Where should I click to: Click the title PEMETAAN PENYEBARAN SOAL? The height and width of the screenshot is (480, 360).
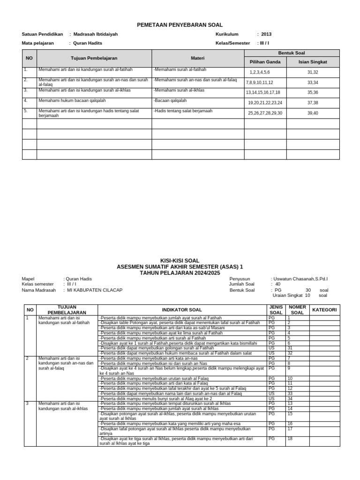click(x=180, y=25)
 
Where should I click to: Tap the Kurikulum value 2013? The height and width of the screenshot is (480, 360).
click(x=266, y=34)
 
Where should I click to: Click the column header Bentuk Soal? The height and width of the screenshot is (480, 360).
click(x=292, y=53)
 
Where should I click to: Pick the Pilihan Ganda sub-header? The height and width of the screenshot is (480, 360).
click(x=265, y=62)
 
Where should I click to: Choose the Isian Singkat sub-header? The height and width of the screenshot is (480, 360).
click(x=313, y=62)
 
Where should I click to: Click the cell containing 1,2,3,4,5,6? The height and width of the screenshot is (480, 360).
click(x=260, y=72)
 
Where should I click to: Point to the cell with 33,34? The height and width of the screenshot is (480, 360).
click(x=313, y=82)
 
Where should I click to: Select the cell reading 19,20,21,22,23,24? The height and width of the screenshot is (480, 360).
click(x=265, y=103)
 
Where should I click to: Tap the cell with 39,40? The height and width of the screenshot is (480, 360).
click(x=313, y=113)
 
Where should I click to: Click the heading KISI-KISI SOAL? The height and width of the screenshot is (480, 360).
click(x=180, y=261)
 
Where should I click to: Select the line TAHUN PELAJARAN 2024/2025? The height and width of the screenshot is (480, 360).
click(x=180, y=272)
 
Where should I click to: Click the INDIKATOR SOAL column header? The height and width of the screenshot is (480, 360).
click(x=182, y=310)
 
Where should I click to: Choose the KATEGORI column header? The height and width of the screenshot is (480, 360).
click(x=324, y=310)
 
